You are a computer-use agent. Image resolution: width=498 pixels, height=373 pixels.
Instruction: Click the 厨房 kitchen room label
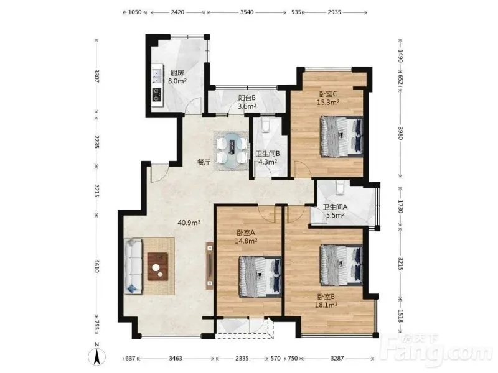[x=177, y=73]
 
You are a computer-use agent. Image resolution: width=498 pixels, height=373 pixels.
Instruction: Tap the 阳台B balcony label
[x=247, y=98]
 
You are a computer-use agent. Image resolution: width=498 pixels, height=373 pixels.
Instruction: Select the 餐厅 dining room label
[x=204, y=163]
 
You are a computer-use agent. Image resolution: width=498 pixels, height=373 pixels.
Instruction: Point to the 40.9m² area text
[x=189, y=223]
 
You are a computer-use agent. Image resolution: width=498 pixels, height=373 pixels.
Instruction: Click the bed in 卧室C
[x=342, y=137]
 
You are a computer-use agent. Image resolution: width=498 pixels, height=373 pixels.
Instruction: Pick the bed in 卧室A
[x=260, y=276]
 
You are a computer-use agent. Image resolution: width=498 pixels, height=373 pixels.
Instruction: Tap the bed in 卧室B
[x=342, y=265]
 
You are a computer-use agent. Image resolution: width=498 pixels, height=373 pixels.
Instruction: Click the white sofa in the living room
[x=133, y=266]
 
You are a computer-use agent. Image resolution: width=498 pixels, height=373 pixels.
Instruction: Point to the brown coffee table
[x=158, y=267]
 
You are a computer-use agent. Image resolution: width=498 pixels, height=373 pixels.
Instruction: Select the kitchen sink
[x=157, y=76]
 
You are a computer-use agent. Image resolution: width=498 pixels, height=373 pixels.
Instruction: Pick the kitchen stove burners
[x=157, y=94]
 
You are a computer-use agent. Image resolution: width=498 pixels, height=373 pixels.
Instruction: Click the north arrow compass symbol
[x=97, y=356]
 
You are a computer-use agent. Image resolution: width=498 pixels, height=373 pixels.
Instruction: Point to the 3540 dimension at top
[x=247, y=12]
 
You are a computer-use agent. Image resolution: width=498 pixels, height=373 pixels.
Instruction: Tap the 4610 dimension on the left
[x=97, y=265]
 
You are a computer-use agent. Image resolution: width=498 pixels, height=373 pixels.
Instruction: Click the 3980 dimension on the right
[x=400, y=132]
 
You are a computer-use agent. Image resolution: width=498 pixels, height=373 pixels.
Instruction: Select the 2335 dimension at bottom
[x=242, y=359]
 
